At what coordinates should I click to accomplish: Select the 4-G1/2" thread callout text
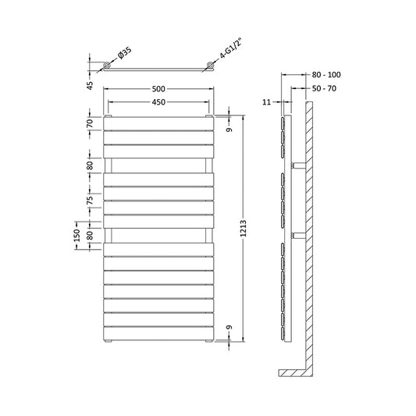224,57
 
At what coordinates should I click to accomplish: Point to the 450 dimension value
158,102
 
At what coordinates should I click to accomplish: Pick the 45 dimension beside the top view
91,84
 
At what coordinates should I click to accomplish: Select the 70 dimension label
91,123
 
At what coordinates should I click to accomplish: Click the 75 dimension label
91,201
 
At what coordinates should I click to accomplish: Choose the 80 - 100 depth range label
326,75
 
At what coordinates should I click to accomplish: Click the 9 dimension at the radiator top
229,129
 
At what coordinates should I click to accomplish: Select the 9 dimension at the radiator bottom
229,329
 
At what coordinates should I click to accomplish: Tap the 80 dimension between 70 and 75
91,165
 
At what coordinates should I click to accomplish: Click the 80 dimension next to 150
91,235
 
